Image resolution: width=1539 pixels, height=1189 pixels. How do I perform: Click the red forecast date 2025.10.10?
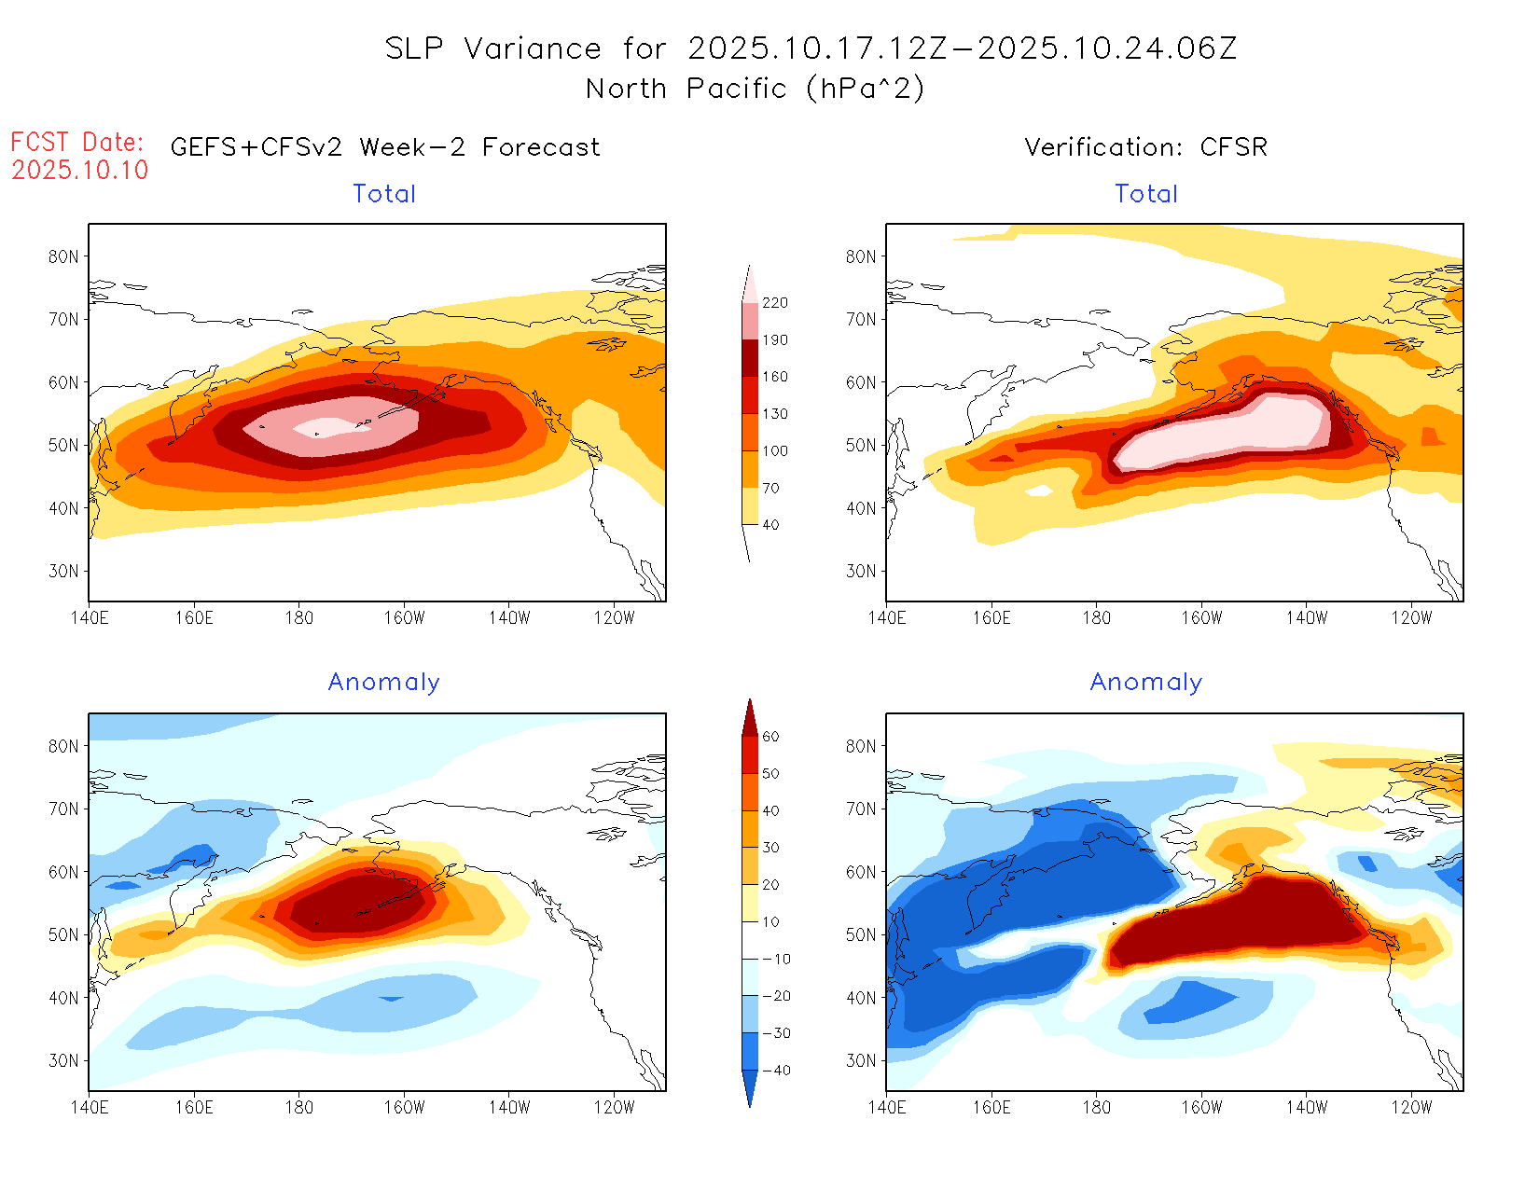point(80,170)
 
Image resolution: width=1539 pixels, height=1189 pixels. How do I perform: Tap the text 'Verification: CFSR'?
point(1145,147)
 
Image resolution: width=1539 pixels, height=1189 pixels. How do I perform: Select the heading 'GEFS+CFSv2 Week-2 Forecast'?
point(385,147)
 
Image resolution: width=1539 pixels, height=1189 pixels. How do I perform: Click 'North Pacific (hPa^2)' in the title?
point(755,89)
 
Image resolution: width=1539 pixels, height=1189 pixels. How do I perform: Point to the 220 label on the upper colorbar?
point(774,303)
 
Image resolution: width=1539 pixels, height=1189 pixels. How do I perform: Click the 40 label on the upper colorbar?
point(770,525)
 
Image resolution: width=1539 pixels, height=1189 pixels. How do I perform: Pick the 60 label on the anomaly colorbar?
point(770,737)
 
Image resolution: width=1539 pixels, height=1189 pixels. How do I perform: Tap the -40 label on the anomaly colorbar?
point(776,1071)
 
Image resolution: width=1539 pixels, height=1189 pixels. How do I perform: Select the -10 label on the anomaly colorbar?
point(776,959)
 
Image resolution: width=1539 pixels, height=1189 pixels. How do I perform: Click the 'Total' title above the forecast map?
point(384,194)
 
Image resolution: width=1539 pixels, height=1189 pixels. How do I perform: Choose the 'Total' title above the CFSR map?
point(1146,194)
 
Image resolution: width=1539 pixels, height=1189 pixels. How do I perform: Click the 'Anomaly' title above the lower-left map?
point(384,683)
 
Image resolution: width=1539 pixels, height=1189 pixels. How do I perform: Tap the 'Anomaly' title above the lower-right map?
point(1146,683)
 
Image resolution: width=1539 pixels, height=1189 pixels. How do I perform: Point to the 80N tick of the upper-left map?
point(63,256)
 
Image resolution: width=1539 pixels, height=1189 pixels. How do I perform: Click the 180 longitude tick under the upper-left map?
point(299,617)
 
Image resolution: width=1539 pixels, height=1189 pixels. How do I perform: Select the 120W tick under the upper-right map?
point(1411,617)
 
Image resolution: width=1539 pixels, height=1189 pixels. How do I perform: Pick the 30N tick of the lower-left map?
point(63,1061)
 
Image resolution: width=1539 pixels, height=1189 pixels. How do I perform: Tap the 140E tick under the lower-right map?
point(887,1108)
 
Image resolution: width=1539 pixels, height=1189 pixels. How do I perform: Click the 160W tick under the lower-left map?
point(404,1108)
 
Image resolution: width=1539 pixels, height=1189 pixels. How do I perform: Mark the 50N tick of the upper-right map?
point(861,446)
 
